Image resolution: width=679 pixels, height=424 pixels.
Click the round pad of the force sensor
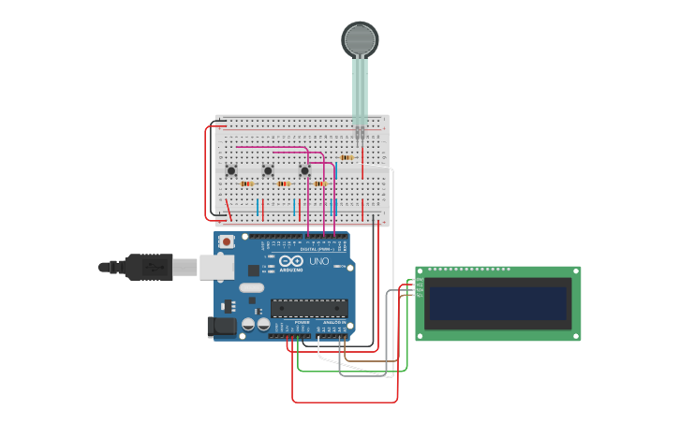tap(360, 39)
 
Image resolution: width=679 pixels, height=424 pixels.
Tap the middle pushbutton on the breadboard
tap(268, 170)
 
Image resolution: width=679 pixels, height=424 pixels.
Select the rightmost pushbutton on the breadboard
tap(304, 170)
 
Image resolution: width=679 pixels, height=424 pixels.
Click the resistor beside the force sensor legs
tap(347, 157)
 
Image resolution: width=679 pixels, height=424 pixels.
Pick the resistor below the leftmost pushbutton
tap(246, 183)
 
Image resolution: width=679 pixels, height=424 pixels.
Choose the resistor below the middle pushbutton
tap(283, 183)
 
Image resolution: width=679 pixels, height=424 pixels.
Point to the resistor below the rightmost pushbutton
tap(320, 183)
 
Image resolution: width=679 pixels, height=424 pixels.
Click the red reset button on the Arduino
tap(226, 241)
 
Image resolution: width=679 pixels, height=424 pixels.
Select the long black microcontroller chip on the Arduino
tap(309, 307)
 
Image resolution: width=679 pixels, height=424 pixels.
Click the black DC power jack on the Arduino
tap(221, 326)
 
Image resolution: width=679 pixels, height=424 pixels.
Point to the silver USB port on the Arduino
tap(215, 267)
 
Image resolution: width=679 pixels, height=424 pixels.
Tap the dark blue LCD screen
tap(498, 304)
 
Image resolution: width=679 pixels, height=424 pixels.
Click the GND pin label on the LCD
tap(420, 280)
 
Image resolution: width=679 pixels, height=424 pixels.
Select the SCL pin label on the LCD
tap(420, 295)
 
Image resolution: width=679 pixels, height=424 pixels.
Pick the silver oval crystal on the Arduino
tap(251, 287)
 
